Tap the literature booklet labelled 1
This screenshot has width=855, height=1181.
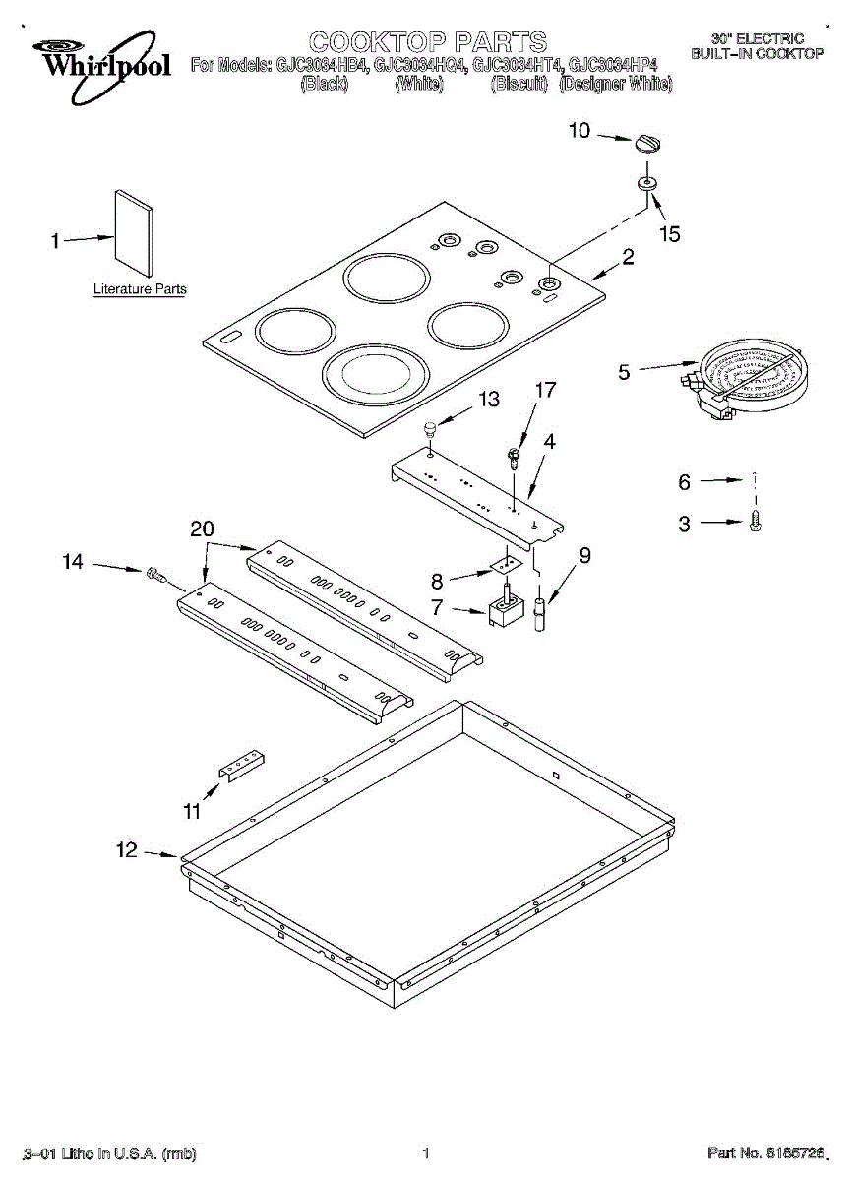(x=134, y=233)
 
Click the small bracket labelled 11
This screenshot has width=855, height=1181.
(x=241, y=764)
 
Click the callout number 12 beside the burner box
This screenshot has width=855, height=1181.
(x=127, y=851)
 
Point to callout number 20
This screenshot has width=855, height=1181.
(x=202, y=529)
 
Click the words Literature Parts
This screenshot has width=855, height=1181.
(x=140, y=289)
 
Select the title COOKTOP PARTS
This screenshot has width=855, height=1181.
(x=427, y=41)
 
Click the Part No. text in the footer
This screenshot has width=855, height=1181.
(x=763, y=1152)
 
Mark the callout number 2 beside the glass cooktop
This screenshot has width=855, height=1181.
(x=627, y=258)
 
